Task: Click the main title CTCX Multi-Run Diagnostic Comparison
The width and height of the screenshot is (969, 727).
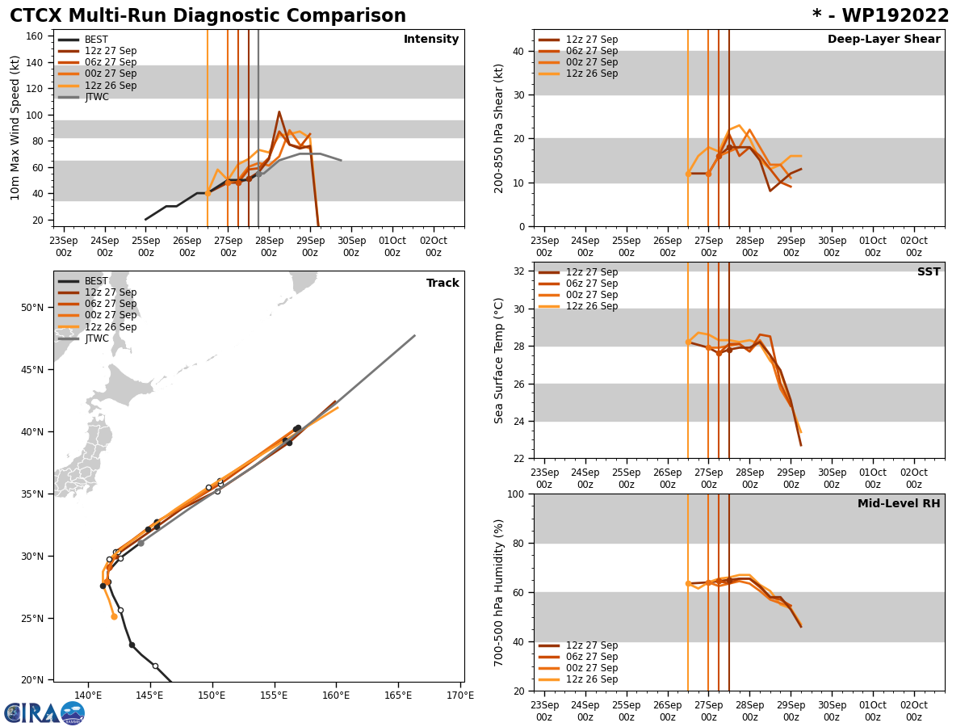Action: tap(208, 16)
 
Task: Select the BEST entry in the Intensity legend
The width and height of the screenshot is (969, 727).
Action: tap(96, 40)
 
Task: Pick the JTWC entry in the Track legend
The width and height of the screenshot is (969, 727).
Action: tap(96, 338)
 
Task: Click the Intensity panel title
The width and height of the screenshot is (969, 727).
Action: tap(431, 40)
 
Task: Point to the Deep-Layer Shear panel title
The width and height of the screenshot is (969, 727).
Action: tap(883, 40)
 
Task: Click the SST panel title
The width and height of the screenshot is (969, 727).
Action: tap(929, 272)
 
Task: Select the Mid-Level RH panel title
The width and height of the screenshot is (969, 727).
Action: tap(899, 504)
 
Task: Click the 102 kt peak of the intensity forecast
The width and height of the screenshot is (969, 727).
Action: tap(279, 112)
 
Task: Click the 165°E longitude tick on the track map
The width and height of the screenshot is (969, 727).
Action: tap(397, 695)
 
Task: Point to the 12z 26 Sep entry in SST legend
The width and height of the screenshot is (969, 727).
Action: tap(591, 306)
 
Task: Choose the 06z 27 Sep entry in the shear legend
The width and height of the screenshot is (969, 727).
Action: tap(591, 51)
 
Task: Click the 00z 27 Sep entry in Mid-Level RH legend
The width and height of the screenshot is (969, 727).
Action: tap(591, 668)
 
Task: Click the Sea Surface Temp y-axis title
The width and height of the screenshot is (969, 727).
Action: tap(500, 360)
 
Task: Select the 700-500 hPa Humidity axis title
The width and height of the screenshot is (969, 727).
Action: tap(500, 592)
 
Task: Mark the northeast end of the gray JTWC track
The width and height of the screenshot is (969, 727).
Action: tap(414, 335)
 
